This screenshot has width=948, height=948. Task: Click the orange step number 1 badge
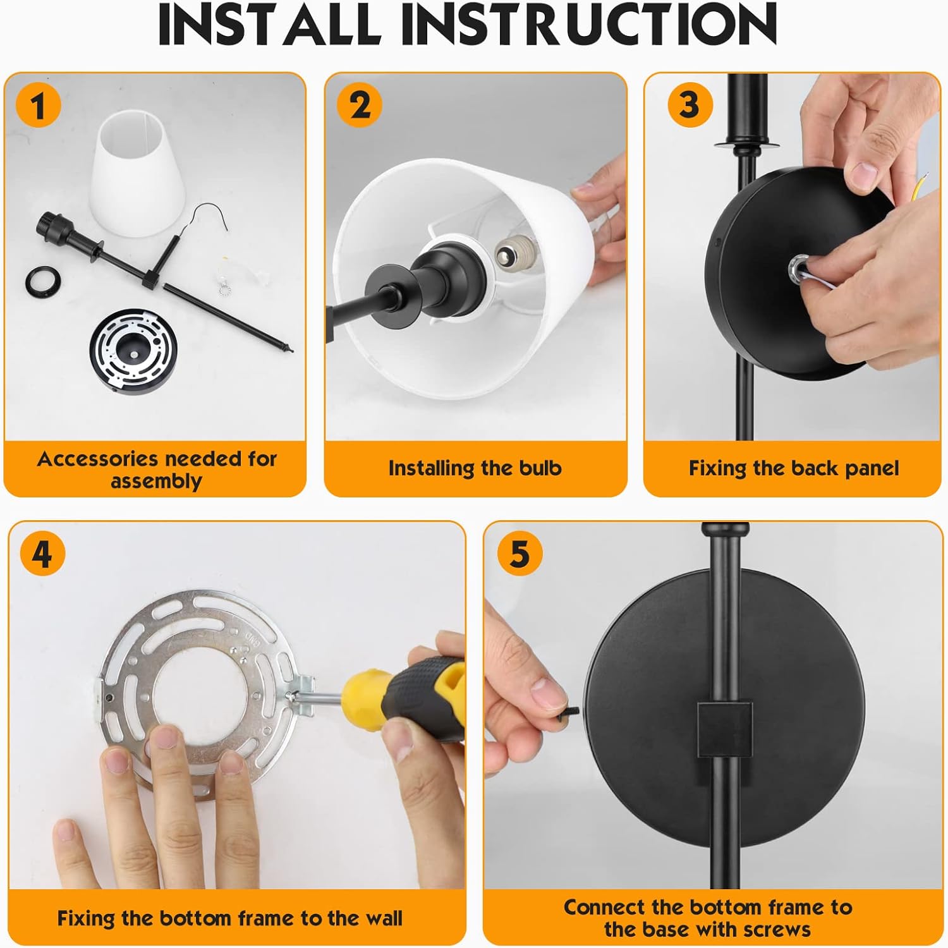(x=39, y=105)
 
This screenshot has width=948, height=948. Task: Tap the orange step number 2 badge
(x=360, y=105)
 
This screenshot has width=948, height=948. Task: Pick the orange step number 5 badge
(x=520, y=553)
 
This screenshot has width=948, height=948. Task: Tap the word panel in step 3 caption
(x=869, y=469)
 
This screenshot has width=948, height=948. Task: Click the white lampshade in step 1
(x=140, y=173)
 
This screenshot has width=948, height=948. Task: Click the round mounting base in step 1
(x=133, y=351)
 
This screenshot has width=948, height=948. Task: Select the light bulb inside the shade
(x=513, y=254)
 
